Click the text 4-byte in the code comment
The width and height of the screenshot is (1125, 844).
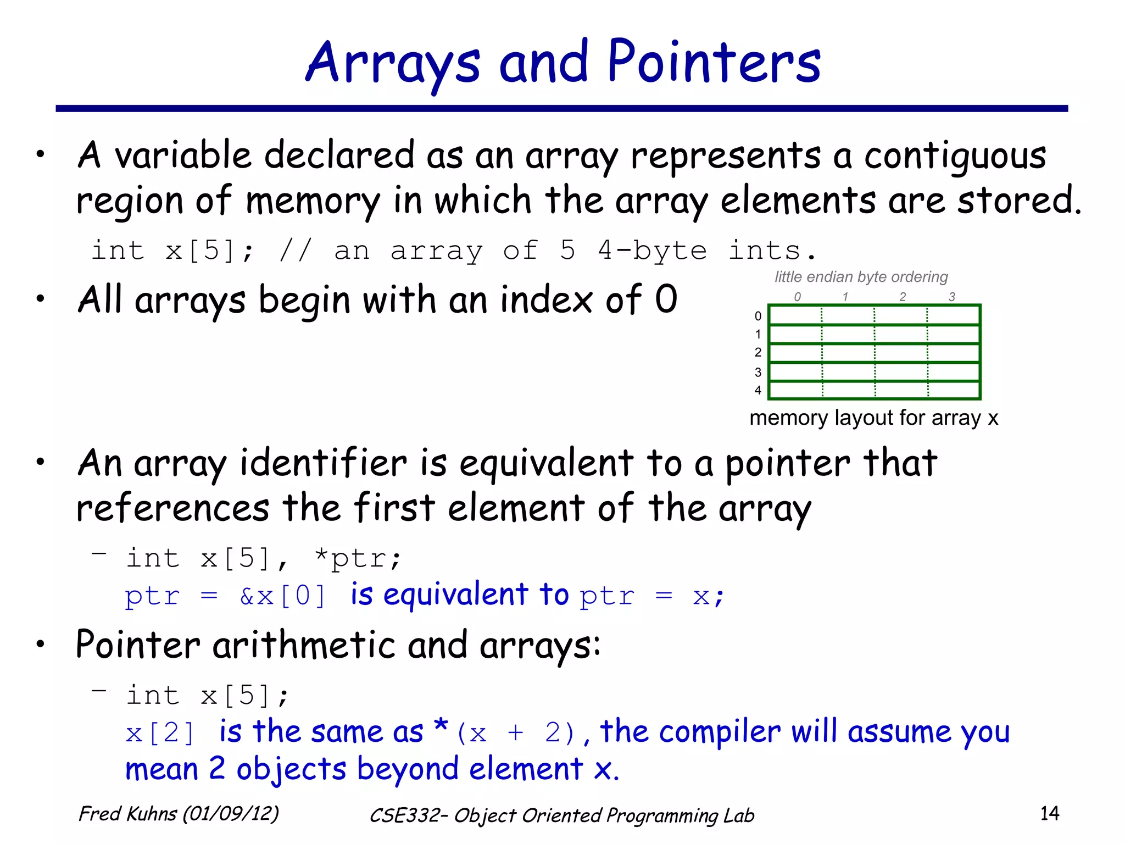pyautogui.click(x=652, y=251)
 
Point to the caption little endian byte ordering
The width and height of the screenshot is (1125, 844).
pyautogui.click(x=861, y=277)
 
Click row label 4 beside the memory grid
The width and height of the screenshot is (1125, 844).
pyautogui.click(x=758, y=391)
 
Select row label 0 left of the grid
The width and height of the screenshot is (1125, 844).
pyautogui.click(x=758, y=316)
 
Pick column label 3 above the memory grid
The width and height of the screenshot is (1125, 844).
pyautogui.click(x=952, y=297)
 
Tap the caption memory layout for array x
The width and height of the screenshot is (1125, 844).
pyautogui.click(x=873, y=418)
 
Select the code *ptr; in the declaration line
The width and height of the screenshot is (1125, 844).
pyautogui.click(x=358, y=559)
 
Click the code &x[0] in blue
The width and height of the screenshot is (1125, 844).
pyautogui.click(x=283, y=596)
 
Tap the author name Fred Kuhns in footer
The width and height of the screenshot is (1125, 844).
pyautogui.click(x=127, y=814)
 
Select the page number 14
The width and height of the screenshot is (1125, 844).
pyautogui.click(x=1049, y=813)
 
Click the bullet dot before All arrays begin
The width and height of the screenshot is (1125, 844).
pyautogui.click(x=40, y=299)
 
